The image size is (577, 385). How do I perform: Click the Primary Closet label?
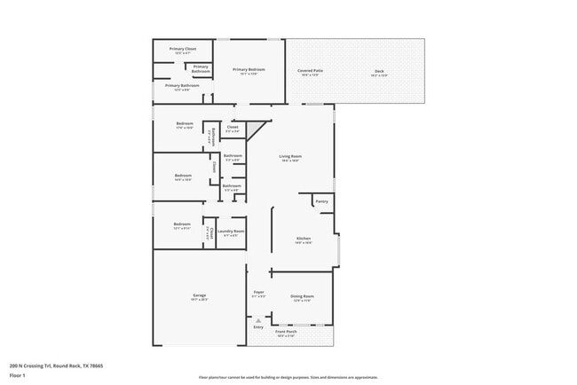(x=185, y=49)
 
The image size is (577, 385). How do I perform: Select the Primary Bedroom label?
(x=249, y=69)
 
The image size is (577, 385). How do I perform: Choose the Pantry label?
(x=321, y=201)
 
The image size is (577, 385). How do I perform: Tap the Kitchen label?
(x=303, y=239)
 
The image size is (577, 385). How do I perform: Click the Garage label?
(x=200, y=295)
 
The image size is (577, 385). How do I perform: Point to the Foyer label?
(x=258, y=292)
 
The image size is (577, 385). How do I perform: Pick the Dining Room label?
(x=303, y=296)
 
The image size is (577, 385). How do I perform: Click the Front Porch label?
(x=286, y=332)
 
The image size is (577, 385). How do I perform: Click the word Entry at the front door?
(x=258, y=326)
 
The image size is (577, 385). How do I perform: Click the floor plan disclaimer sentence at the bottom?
(x=288, y=377)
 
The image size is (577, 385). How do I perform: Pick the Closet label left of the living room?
(x=233, y=127)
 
